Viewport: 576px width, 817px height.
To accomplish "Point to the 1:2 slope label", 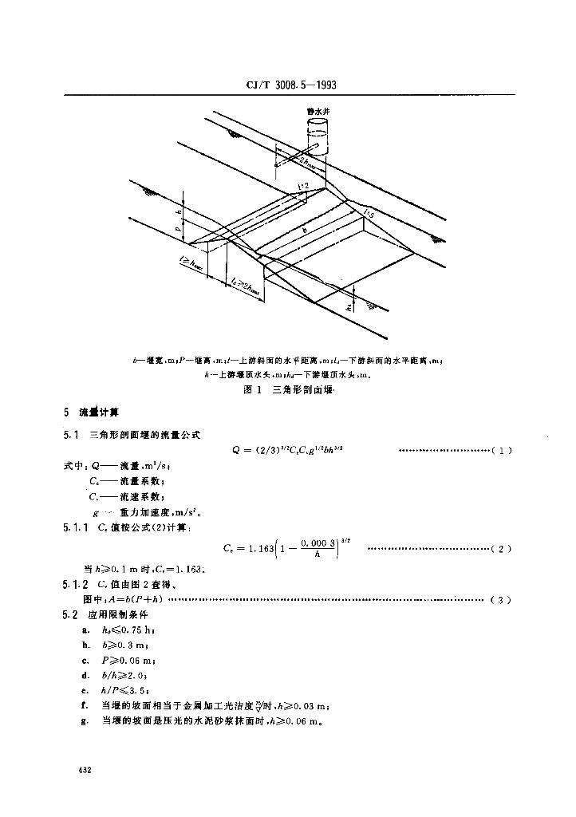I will tap(303, 186).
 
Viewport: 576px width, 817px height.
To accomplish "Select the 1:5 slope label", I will tap(368, 211).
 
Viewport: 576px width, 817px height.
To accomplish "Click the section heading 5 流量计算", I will tap(92, 412).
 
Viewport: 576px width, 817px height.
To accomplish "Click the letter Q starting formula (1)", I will tap(237, 451).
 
